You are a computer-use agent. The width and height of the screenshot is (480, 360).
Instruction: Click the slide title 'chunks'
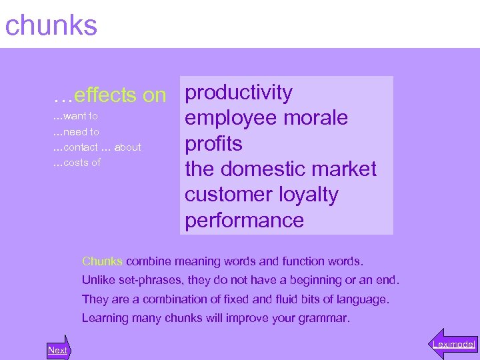tap(51, 25)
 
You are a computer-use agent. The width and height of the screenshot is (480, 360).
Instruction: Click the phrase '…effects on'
tap(110, 95)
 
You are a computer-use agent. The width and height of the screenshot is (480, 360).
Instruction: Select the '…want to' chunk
tap(75, 116)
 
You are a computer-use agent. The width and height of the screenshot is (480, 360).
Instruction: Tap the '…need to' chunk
tap(76, 132)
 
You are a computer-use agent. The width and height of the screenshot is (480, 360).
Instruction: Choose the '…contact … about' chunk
tap(97, 147)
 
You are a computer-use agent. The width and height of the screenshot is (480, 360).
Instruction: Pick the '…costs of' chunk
tap(77, 163)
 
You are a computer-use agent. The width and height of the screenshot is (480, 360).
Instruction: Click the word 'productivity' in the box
tap(239, 93)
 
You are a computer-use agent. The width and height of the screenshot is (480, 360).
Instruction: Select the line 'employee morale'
tap(267, 118)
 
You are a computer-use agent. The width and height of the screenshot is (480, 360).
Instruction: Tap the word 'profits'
tap(213, 144)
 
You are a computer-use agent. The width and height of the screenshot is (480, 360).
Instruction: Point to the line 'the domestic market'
tap(281, 169)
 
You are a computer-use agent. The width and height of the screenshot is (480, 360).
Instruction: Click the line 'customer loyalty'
tap(261, 195)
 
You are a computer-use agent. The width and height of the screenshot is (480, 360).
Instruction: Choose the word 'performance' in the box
tap(245, 221)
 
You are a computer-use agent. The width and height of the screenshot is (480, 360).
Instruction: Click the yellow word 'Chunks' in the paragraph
tap(102, 261)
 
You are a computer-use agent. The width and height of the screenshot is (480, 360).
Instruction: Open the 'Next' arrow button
tap(58, 349)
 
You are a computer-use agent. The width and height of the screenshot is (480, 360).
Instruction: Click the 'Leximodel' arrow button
tap(453, 344)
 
